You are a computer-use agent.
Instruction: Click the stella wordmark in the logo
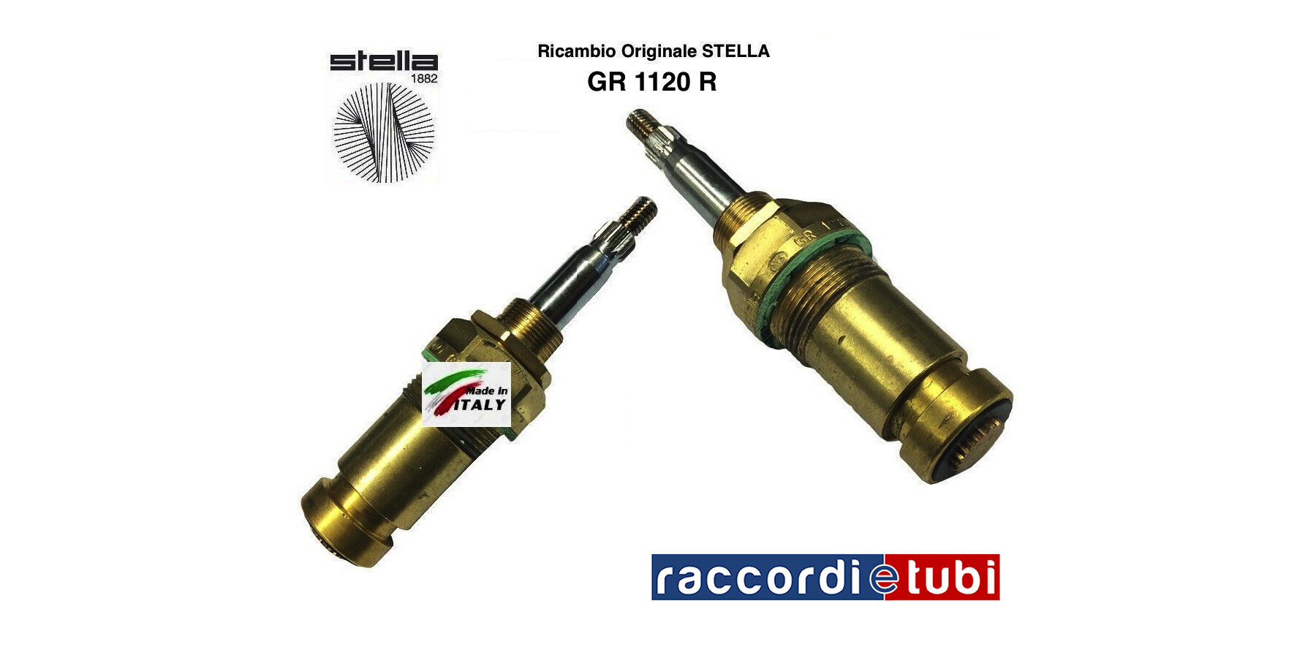(x=383, y=61)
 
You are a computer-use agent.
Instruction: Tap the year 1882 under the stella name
(x=423, y=78)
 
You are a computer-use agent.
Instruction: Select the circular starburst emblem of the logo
(x=384, y=132)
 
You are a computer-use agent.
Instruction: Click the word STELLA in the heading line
(x=736, y=51)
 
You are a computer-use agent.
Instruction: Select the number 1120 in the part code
(x=663, y=82)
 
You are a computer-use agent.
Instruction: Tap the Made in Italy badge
(x=466, y=394)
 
